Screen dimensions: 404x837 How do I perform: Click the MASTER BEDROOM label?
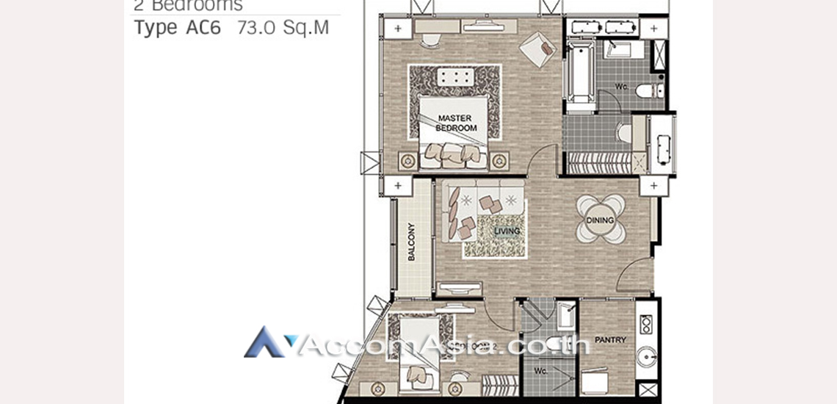pos(456,123)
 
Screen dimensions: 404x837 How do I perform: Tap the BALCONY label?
pos(411,242)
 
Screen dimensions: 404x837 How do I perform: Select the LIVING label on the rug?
pos(507,231)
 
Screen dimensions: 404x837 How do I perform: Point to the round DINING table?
pos(601,219)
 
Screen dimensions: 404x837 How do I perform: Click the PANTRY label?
pos(610,340)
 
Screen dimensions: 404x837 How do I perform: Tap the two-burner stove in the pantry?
pos(647,324)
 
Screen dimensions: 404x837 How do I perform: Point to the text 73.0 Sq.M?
pos(283,29)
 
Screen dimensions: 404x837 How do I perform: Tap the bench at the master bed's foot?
pos(454,78)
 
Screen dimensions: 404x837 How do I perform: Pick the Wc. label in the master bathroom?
pos(621,87)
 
